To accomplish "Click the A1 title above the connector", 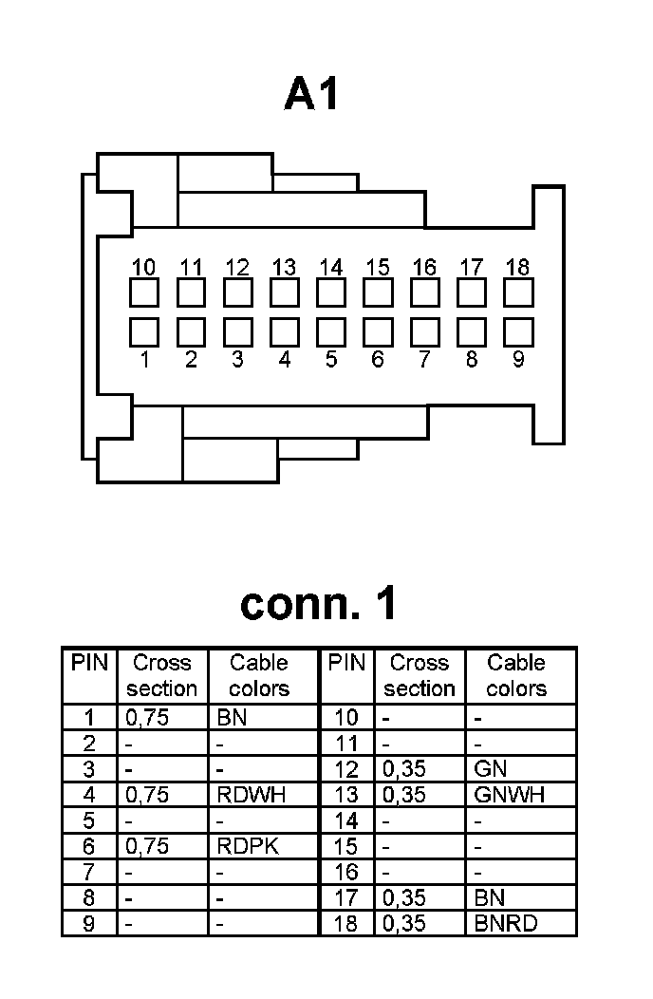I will [311, 95].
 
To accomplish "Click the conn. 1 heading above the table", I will [319, 603].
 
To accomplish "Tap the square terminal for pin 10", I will [144, 292].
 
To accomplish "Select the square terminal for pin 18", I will [518, 292].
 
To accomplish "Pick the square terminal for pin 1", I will [144, 332].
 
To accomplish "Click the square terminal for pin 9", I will [518, 332].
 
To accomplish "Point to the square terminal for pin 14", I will [331, 292].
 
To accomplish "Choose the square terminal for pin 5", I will [331, 332].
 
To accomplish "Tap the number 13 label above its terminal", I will [285, 268].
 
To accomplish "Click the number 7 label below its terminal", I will [424, 360].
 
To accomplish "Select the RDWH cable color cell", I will [251, 795].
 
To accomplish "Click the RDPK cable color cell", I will [248, 846].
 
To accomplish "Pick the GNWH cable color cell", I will [509, 795].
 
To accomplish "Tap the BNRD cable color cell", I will [505, 923].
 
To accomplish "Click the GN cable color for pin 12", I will [490, 769].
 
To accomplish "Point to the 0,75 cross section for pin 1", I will [147, 718].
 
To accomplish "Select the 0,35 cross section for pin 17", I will [404, 897].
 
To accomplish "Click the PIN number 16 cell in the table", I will [346, 872].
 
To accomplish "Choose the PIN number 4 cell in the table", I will [89, 795].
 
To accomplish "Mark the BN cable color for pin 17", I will [489, 897].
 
